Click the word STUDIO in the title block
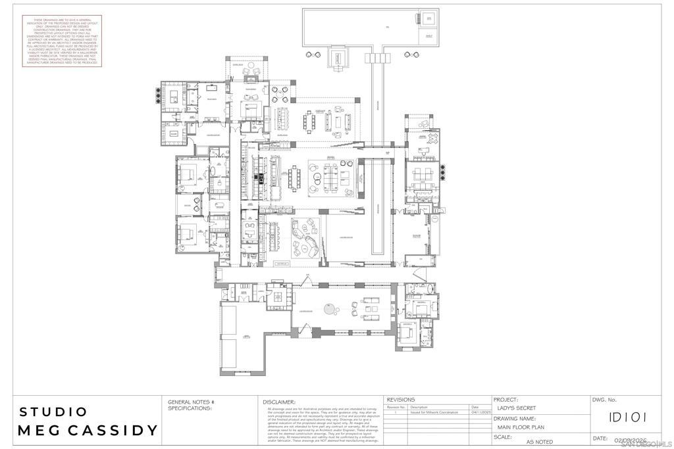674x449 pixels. tap(53, 412)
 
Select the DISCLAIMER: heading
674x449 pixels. tap(279, 402)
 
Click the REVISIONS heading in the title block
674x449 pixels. tap(400, 399)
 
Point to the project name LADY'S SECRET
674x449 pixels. tap(517, 408)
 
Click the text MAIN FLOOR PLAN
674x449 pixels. tap(521, 427)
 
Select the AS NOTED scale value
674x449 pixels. tap(540, 442)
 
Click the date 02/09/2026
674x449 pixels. tap(631, 440)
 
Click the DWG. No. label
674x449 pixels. tap(604, 400)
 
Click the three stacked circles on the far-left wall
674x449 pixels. tap(158, 95)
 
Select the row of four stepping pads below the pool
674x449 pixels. tap(377, 59)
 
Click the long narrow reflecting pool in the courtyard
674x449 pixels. tap(378, 207)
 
